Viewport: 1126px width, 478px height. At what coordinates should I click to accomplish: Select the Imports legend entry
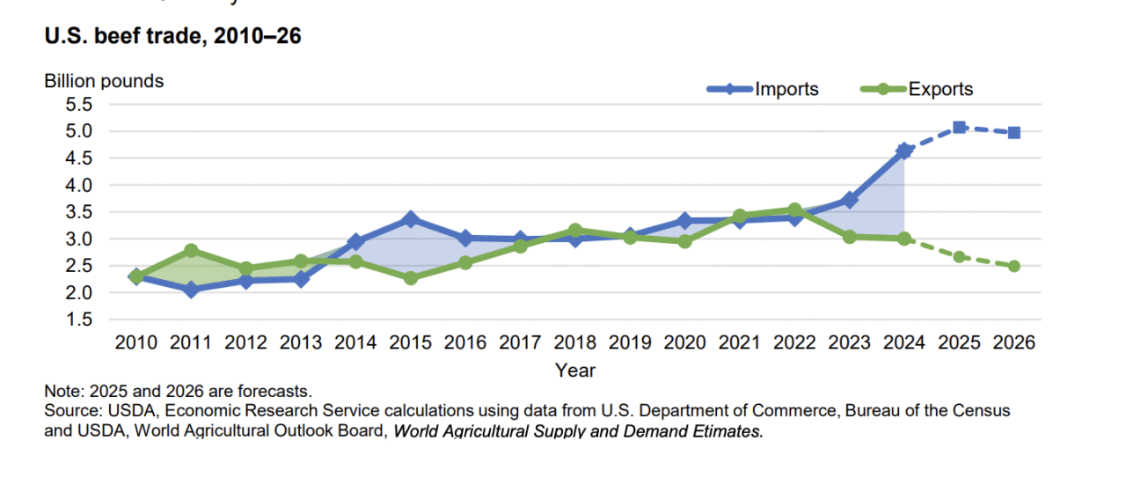pos(786,89)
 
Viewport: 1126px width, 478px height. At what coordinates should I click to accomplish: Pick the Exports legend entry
pos(940,89)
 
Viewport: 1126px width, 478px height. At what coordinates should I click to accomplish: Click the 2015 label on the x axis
pos(410,342)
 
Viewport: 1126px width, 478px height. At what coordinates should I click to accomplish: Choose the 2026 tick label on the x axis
pos(1013,342)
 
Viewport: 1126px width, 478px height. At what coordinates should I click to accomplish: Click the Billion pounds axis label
pos(104,81)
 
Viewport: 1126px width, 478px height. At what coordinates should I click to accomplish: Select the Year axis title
pos(575,370)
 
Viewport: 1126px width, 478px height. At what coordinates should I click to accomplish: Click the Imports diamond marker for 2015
pos(410,219)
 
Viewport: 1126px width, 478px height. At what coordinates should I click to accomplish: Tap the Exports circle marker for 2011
pos(191,251)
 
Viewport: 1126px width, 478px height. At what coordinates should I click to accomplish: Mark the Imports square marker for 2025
pos(959,128)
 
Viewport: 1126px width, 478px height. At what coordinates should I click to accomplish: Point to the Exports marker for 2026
pos(1013,266)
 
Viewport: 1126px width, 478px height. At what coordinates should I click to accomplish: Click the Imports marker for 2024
pos(904,151)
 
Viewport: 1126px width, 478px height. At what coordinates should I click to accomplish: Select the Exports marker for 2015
pos(410,278)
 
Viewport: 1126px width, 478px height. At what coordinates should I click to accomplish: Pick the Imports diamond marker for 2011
pos(191,289)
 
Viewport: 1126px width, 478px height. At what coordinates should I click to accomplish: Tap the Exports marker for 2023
pos(849,236)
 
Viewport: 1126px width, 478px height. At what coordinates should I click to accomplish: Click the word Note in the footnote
pos(60,390)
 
